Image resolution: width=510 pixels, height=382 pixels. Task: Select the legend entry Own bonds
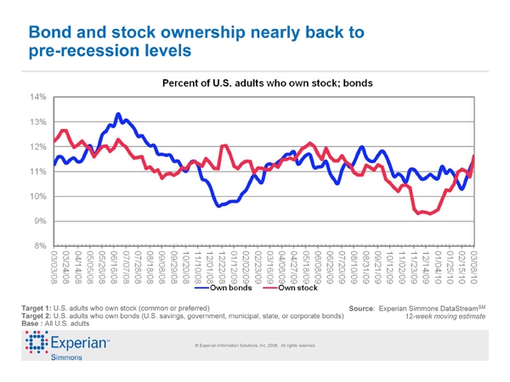(227, 289)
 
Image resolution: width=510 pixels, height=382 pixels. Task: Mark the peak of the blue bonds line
(118, 114)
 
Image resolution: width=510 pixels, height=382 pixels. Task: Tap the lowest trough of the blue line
(219, 205)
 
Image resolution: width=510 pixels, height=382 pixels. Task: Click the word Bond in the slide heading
(51, 33)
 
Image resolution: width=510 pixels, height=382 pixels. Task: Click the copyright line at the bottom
(255, 345)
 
